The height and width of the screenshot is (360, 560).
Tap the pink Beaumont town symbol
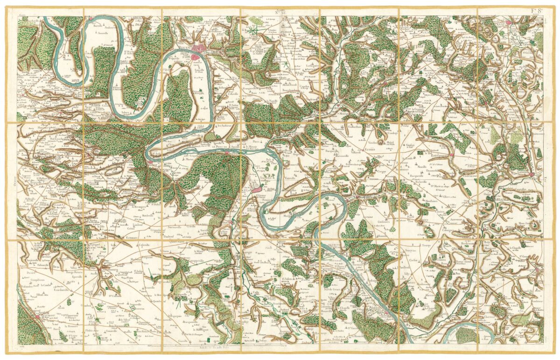[37, 317]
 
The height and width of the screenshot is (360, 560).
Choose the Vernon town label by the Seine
[373, 308]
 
